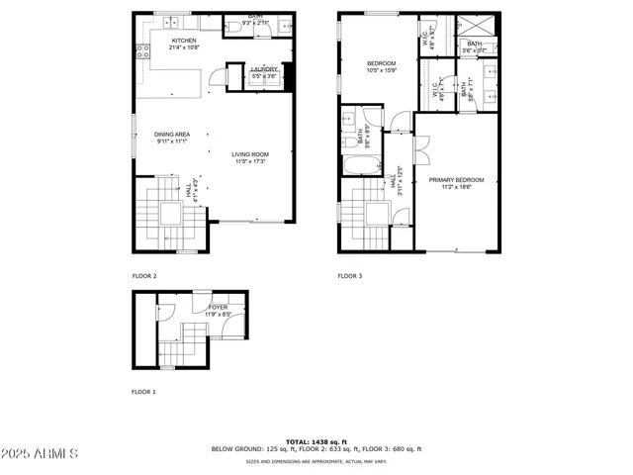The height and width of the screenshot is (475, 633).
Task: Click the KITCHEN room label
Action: (185, 41)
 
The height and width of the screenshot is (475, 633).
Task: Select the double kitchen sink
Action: (170, 21)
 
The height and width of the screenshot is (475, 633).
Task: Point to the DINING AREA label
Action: (171, 135)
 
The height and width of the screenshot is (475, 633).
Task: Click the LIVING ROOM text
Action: (250, 154)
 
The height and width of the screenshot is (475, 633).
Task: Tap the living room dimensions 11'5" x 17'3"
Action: (250, 161)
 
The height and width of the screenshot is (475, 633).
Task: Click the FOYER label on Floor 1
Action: (217, 308)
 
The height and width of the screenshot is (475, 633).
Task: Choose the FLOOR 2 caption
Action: (144, 276)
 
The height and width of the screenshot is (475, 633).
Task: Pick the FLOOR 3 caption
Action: (350, 276)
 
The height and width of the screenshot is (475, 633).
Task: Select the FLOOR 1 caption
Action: (144, 392)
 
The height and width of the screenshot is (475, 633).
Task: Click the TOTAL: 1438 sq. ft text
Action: (316, 441)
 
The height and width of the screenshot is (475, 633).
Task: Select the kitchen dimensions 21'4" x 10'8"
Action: (185, 47)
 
